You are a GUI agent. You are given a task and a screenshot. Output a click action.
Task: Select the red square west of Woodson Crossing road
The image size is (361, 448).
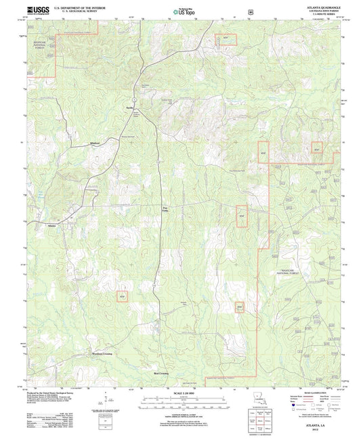(x=122, y=296)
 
